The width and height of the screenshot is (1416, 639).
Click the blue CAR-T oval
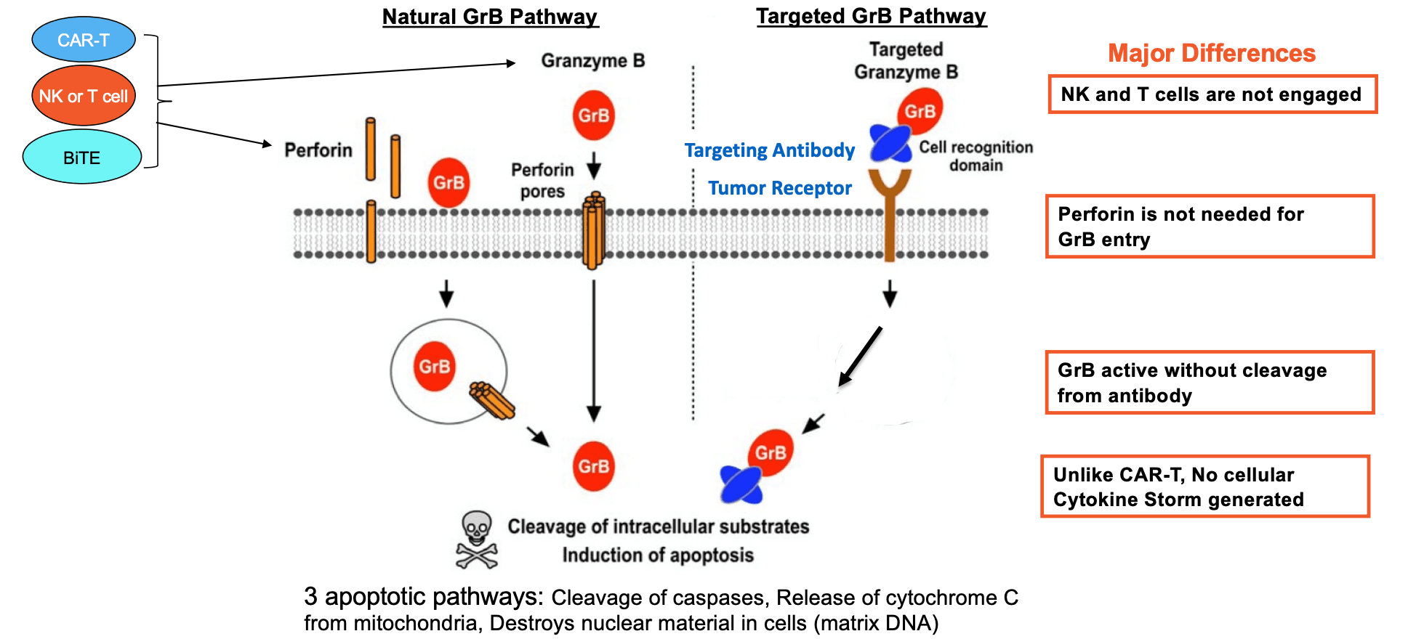pos(84,39)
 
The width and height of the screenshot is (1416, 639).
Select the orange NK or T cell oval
pos(84,96)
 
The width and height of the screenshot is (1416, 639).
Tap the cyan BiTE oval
pos(82,158)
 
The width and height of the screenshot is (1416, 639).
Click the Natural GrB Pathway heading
pos(490,17)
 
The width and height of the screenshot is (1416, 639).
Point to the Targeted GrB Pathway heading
pos(871,16)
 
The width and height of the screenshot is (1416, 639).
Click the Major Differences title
pos(1211,53)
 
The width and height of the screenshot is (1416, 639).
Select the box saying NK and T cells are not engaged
pos(1212,94)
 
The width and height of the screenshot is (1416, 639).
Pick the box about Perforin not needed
pos(1210,227)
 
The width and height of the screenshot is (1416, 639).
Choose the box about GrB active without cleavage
pos(1210,383)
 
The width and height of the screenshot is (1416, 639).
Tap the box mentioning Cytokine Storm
pos(1205,487)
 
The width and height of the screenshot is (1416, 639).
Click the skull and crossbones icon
pos(477,539)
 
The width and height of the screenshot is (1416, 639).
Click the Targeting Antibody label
pos(769,150)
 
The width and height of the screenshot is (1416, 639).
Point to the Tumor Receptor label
pos(779,188)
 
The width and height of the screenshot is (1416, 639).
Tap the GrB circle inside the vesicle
pos(434,367)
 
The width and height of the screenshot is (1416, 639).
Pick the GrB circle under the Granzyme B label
pos(594,115)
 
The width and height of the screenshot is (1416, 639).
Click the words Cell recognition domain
pos(975,156)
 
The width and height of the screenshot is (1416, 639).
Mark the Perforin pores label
pos(542,180)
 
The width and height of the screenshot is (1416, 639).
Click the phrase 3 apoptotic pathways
pos(423,597)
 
